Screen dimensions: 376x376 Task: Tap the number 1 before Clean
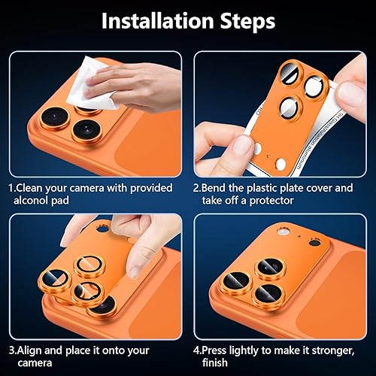pyautogui.click(x=11, y=187)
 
